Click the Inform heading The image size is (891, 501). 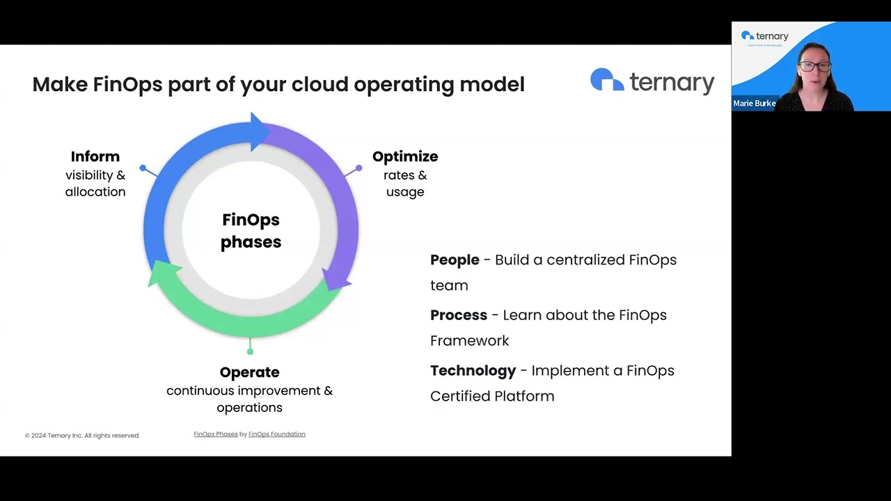[x=95, y=157]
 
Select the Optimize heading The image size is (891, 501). [x=405, y=157]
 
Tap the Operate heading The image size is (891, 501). [x=249, y=372]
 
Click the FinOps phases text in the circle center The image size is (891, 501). [x=251, y=230]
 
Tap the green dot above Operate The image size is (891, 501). [x=250, y=351]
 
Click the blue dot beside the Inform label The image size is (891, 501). [x=143, y=168]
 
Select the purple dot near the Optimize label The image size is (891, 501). [x=358, y=168]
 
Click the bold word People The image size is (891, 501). [x=455, y=260]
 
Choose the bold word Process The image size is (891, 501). [x=459, y=315]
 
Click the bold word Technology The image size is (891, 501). [x=473, y=371]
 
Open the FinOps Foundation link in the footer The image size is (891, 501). [x=277, y=434]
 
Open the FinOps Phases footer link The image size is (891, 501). [x=216, y=434]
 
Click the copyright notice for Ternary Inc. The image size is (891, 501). [x=82, y=436]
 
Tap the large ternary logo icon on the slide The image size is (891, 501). [x=607, y=80]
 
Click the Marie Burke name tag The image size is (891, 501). [x=755, y=103]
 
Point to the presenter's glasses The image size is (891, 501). [x=814, y=67]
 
